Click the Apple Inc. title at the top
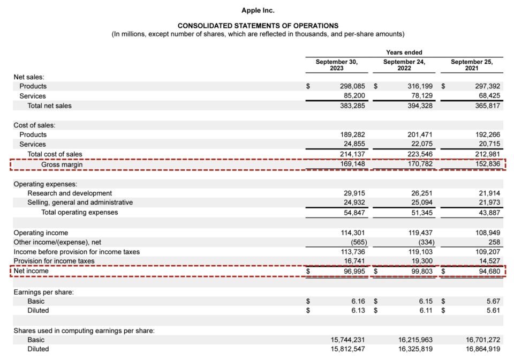pos(258,10)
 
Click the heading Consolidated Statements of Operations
pos(258,26)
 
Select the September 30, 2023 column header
pos(336,65)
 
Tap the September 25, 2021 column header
pos(472,65)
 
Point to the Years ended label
pos(404,52)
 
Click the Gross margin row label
pos(62,164)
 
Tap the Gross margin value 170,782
pos(418,164)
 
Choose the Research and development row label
pos(70,193)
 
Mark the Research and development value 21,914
pos(488,193)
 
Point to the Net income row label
pos(31,271)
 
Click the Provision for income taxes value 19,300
pos(420,261)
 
